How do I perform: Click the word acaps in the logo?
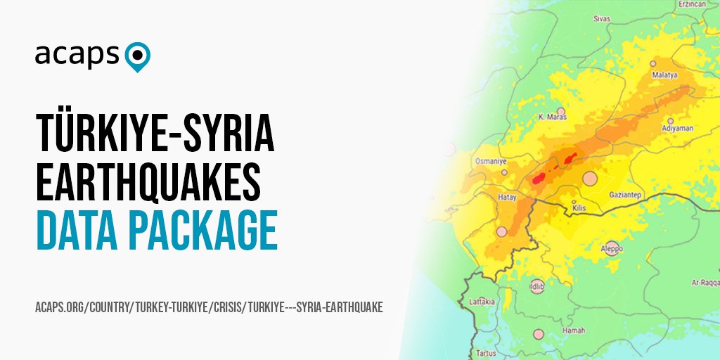click(78, 55)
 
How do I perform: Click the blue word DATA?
click(80, 230)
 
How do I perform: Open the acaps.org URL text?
click(209, 308)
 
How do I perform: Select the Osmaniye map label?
click(491, 161)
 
